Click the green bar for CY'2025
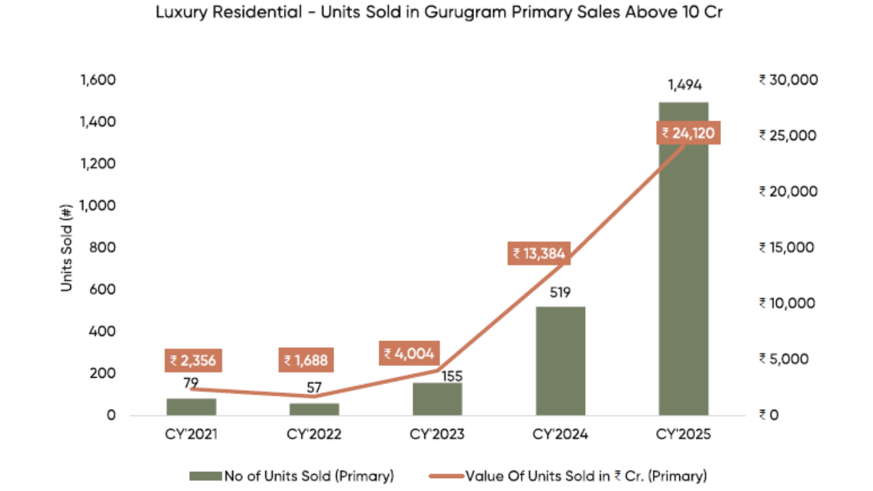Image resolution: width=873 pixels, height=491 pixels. pos(683,273)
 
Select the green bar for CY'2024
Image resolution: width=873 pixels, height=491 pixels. pos(560,361)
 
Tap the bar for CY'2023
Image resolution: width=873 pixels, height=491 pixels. pos(437,399)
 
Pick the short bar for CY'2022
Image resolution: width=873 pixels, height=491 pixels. pos(314,408)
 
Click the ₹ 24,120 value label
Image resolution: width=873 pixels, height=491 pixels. pos(688,133)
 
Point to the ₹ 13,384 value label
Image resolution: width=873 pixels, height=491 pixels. pos(539,254)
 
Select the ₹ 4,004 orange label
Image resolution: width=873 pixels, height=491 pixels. pos(409,353)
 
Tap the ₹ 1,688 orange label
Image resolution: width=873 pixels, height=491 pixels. pos(306,360)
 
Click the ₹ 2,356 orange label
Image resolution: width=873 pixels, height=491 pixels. pos(193,360)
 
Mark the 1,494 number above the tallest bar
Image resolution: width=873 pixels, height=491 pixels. pos(684,85)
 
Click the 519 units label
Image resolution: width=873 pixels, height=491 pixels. pos(560,293)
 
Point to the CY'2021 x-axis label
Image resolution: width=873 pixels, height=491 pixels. pos(191,434)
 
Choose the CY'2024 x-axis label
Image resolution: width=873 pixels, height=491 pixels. pos(560,434)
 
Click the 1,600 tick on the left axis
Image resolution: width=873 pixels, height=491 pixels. pos(98,80)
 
